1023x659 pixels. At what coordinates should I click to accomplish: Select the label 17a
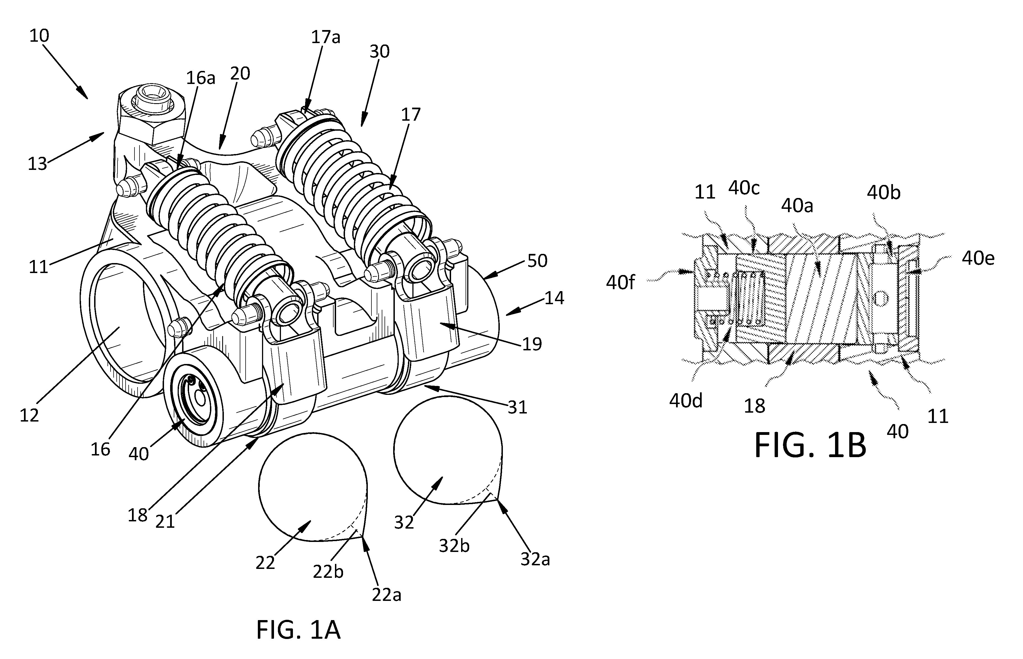coord(325,37)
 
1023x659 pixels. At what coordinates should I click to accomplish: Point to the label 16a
coord(200,78)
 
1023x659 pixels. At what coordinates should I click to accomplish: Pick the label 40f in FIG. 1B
coord(620,283)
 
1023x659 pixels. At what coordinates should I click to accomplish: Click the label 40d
coord(686,400)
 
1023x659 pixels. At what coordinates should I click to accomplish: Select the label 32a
coord(535,559)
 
